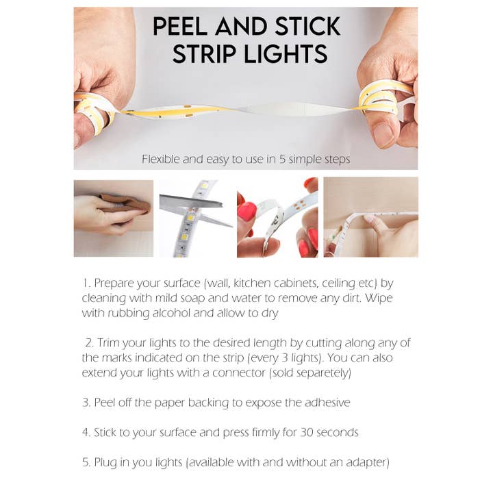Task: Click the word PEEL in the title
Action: click(180, 26)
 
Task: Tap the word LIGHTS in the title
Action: click(286, 54)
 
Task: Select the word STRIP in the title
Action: click(204, 54)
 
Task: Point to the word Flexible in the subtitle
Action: click(160, 159)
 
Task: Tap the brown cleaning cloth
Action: click(126, 203)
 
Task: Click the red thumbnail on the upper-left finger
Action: click(246, 211)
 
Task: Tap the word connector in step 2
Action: click(239, 373)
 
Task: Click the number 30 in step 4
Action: click(307, 433)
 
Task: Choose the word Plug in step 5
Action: click(105, 463)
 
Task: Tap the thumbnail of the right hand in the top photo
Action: click(383, 134)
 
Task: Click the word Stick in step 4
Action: click(105, 433)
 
